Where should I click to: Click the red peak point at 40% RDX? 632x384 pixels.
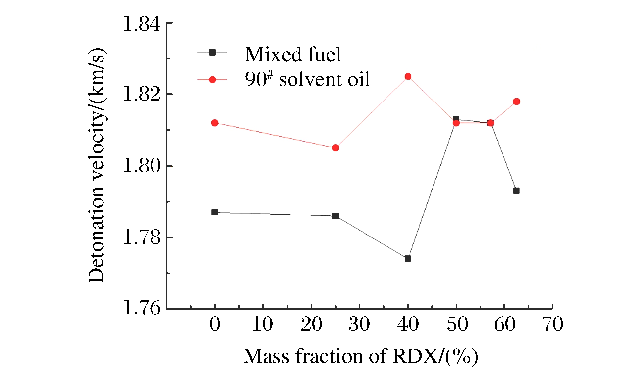408,77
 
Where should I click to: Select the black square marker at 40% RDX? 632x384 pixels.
408,259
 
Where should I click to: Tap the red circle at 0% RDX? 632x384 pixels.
215,123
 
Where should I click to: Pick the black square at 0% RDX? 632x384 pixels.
215,212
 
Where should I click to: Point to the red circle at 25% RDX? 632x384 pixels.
335,148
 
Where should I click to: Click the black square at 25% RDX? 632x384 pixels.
335,216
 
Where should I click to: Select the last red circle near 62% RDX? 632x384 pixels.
516,102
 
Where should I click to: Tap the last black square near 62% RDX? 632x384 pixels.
516,191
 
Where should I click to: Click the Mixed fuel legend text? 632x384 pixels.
293,54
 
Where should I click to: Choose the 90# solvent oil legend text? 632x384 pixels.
307,79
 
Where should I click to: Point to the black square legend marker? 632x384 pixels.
212,52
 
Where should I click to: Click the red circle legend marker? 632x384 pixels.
212,79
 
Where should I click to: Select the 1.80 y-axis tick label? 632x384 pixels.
142,166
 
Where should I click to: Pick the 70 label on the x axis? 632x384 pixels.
553,324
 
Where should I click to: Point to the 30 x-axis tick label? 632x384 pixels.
359,324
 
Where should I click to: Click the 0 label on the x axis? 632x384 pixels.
215,324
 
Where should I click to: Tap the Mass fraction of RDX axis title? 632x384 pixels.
361,356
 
